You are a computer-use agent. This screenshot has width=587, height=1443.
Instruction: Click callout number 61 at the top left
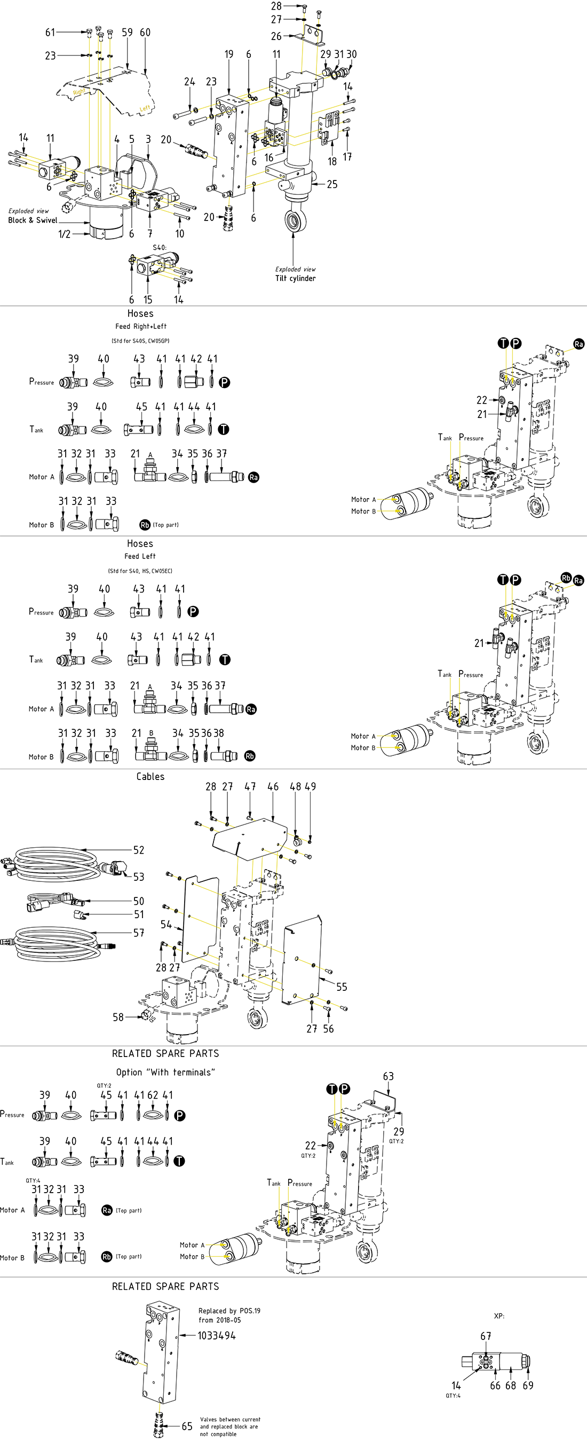[x=50, y=33]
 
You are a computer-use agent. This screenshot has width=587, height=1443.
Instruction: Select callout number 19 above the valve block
[x=228, y=54]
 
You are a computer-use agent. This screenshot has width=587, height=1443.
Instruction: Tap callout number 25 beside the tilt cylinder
[x=332, y=184]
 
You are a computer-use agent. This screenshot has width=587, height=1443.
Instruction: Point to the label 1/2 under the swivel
[x=65, y=234]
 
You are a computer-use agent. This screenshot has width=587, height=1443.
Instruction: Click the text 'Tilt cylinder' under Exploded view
[x=295, y=279]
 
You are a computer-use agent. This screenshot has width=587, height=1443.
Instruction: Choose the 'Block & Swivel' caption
[x=33, y=220]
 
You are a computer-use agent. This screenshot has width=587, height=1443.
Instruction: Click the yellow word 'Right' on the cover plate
[x=79, y=91]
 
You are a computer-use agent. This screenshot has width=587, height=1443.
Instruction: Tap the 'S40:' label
[x=160, y=248]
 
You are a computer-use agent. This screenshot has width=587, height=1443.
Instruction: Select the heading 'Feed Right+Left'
[x=140, y=326]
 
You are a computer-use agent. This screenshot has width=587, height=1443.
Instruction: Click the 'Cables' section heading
[x=150, y=776]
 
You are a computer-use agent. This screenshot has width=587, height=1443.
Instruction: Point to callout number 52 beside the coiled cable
[x=139, y=850]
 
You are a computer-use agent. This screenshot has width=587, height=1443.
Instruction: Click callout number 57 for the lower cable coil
[x=139, y=933]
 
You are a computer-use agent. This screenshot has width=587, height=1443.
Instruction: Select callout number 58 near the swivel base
[x=118, y=1016]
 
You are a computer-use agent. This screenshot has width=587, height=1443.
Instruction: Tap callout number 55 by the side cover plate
[x=342, y=987]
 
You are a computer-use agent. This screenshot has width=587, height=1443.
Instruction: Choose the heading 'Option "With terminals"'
[x=165, y=1072]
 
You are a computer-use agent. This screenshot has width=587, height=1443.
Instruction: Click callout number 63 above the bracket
[x=388, y=1076]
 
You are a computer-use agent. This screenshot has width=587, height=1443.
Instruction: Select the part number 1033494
[x=217, y=1336]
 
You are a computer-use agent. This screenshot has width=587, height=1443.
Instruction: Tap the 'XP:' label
[x=499, y=1316]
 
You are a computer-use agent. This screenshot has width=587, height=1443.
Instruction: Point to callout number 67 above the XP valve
[x=486, y=1336]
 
